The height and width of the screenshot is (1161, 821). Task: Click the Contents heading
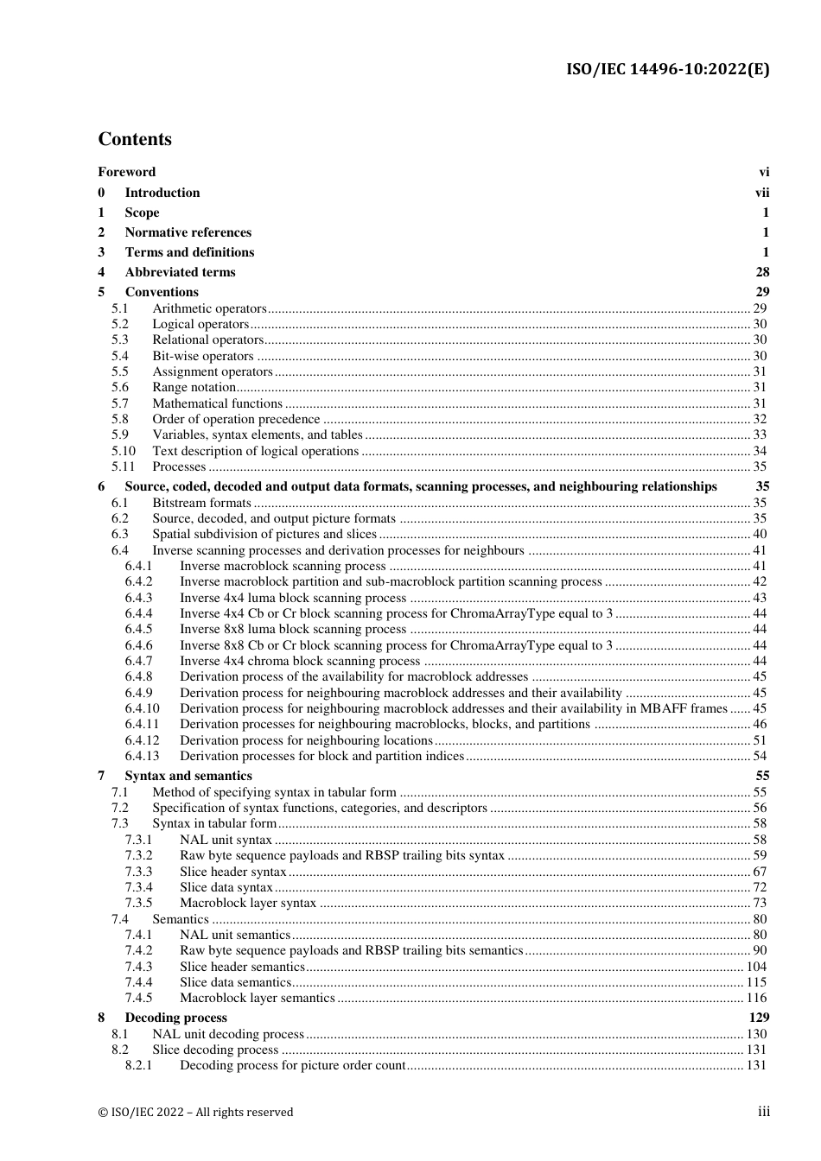point(135,140)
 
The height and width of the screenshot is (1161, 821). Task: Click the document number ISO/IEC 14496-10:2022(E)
point(667,70)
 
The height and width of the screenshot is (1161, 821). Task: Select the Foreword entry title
point(127,172)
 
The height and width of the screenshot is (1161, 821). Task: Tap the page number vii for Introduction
point(761,193)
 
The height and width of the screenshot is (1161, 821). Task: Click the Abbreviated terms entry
point(180,272)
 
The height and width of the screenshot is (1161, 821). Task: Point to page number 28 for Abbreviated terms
point(761,272)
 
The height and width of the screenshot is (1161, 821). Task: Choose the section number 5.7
point(119,403)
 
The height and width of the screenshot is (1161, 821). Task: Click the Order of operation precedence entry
point(236,419)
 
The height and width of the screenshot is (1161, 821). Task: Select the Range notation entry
point(194,388)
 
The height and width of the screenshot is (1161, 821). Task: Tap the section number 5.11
point(123,466)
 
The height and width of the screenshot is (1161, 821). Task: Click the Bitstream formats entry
point(201,503)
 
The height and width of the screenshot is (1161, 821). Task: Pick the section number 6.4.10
point(142,708)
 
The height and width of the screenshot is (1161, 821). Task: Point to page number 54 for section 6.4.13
point(760,756)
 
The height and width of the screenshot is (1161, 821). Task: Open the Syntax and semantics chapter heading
point(188,776)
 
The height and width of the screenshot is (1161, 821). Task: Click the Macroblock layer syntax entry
point(248,903)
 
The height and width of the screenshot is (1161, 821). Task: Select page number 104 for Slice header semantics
point(756,967)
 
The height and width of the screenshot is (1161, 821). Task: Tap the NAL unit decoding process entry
point(228,1034)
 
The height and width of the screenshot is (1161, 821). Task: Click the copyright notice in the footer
point(195,1113)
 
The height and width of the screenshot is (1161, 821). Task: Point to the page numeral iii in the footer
point(763,1112)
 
